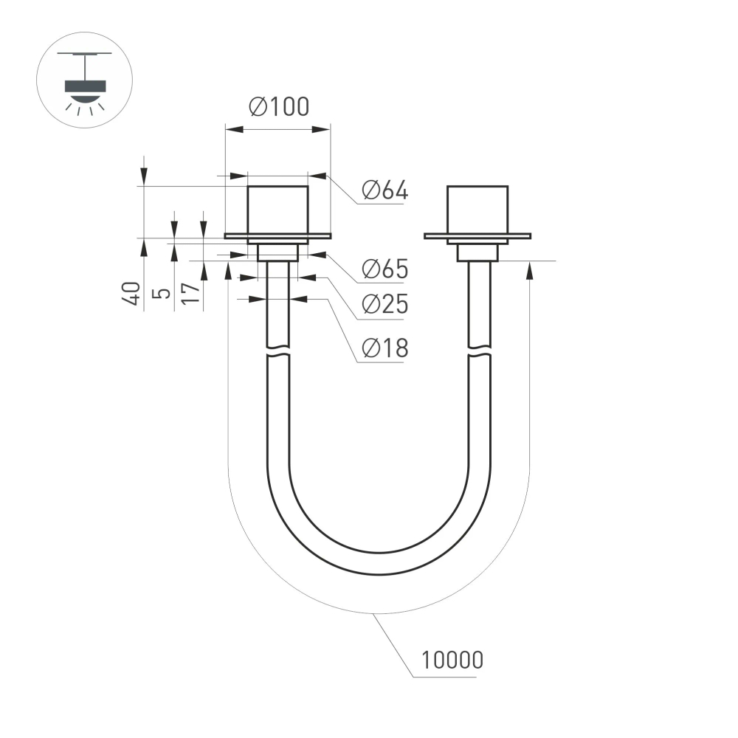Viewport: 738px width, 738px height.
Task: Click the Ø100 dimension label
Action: [279, 107]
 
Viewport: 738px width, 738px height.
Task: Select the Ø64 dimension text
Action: [384, 190]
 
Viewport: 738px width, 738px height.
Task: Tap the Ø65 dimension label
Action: [384, 269]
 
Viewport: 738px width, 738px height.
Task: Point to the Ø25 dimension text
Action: [384, 304]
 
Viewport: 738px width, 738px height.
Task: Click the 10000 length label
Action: [452, 659]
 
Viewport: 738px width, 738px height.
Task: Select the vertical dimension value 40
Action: [132, 293]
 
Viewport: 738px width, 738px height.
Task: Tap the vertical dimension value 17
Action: [190, 293]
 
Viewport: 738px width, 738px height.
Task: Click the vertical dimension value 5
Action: [161, 293]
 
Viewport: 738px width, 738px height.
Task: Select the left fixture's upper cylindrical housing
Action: [277, 210]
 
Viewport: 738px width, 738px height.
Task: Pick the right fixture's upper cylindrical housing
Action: [477, 210]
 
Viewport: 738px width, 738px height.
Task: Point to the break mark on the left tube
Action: [277, 350]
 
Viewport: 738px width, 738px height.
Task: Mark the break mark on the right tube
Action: [478, 350]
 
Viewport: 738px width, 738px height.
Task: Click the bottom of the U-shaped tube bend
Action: [378, 562]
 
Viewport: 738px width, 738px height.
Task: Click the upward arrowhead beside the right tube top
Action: [529, 271]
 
